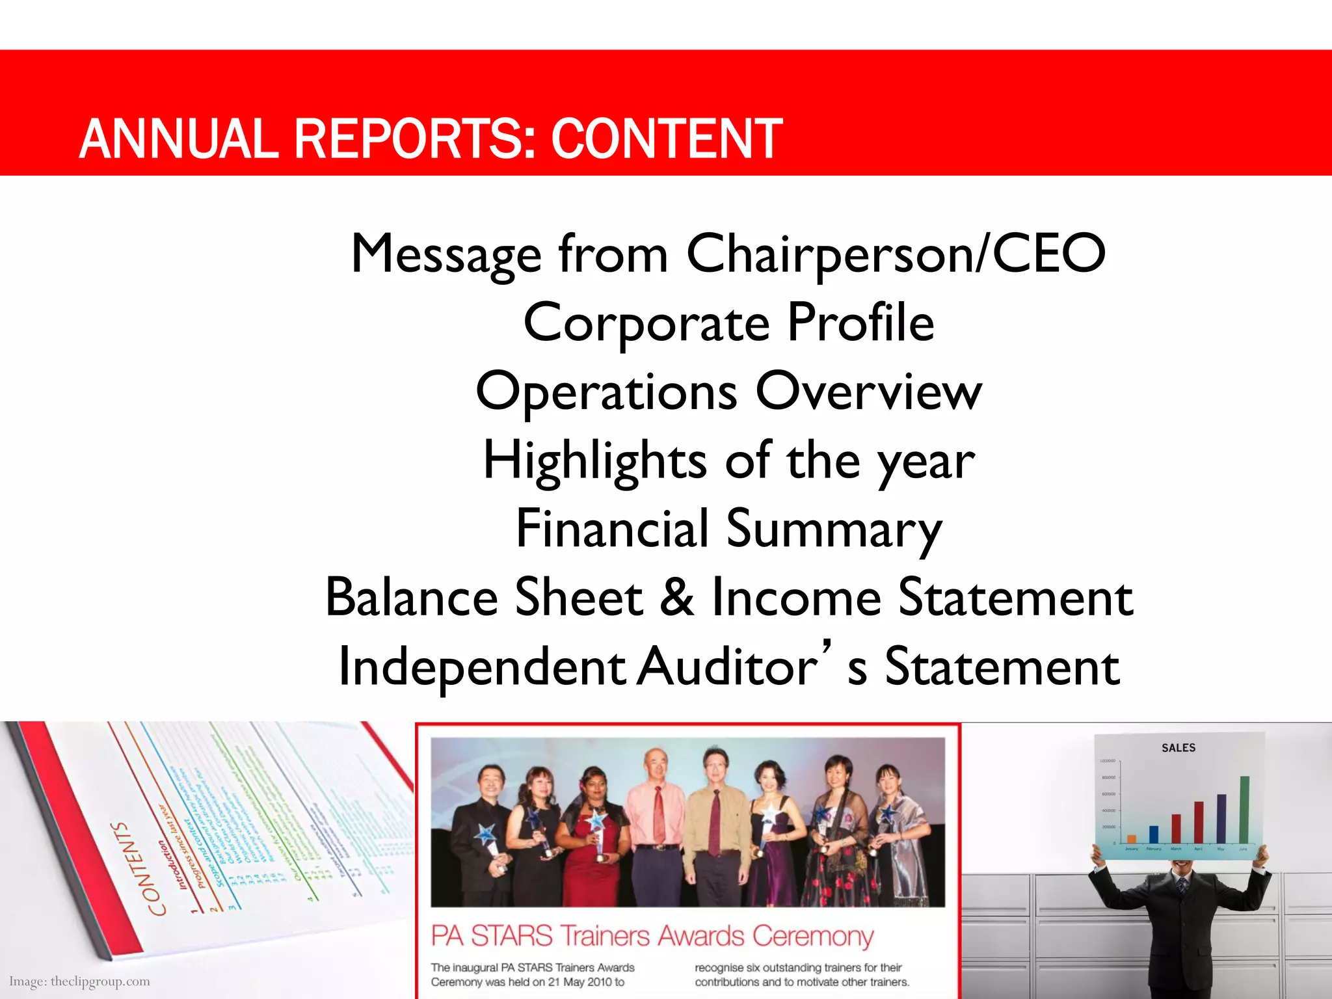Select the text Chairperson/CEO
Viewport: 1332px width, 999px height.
coord(896,254)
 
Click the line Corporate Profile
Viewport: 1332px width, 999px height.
coord(728,323)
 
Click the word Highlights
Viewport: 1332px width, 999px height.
coord(594,460)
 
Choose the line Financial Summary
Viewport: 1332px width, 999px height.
coord(728,529)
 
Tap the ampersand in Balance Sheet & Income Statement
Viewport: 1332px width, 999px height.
coord(677,597)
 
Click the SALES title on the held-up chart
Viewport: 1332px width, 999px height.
coord(1179,748)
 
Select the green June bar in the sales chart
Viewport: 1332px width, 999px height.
coord(1244,810)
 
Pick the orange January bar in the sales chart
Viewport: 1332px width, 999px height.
coord(1132,839)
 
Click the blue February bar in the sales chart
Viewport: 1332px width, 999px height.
coord(1154,834)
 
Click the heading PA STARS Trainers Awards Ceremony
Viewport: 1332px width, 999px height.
coord(652,936)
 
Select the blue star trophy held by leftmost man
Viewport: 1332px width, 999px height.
coord(486,833)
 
